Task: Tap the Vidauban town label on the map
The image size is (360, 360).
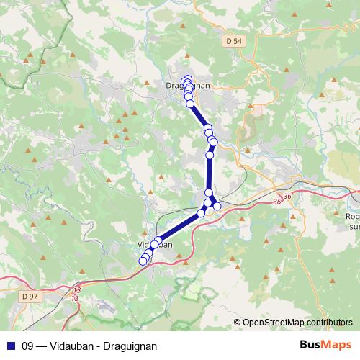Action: click(153, 245)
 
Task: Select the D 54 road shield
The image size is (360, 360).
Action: click(234, 42)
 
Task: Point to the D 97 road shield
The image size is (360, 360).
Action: click(30, 296)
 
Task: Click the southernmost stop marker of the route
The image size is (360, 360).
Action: click(143, 261)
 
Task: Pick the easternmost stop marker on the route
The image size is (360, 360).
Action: click(217, 207)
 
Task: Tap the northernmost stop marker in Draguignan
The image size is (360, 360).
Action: click(187, 79)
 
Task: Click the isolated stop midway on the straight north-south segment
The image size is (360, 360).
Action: click(210, 155)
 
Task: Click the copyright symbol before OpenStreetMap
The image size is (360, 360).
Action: click(238, 323)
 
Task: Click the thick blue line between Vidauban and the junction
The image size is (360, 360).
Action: click(180, 227)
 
